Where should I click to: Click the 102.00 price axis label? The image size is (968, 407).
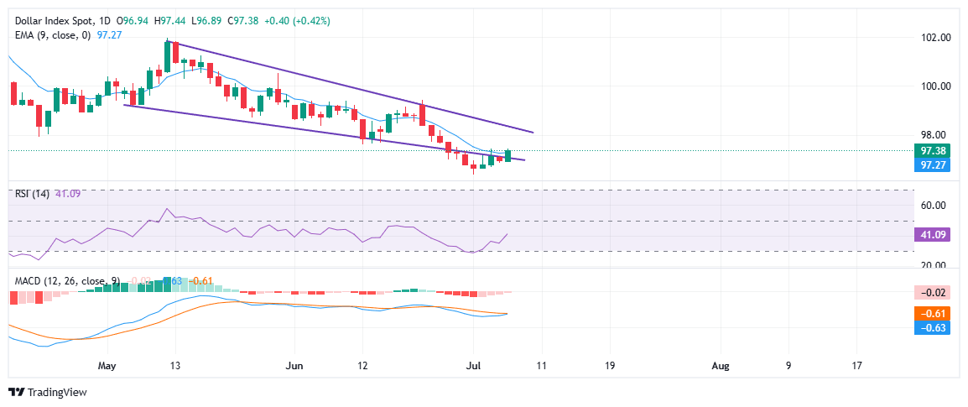pyautogui.click(x=935, y=39)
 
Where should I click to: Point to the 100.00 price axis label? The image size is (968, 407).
pyautogui.click(x=935, y=86)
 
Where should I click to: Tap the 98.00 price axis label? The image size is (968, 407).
pyautogui.click(x=935, y=135)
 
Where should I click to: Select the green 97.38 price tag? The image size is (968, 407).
pyautogui.click(x=933, y=151)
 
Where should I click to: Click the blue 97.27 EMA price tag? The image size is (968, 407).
pyautogui.click(x=933, y=165)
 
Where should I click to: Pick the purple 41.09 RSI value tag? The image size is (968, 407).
pyautogui.click(x=933, y=235)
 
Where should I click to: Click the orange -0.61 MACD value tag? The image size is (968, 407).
pyautogui.click(x=933, y=312)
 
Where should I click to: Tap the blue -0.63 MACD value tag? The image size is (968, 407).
pyautogui.click(x=933, y=327)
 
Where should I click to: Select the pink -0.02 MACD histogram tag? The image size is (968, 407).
pyautogui.click(x=933, y=292)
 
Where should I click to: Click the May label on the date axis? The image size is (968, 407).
pyautogui.click(x=107, y=366)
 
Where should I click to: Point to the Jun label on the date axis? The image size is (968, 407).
pyautogui.click(x=294, y=366)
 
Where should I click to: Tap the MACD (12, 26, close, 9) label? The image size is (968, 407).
pyautogui.click(x=63, y=280)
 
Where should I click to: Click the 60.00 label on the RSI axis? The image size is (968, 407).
pyautogui.click(x=935, y=206)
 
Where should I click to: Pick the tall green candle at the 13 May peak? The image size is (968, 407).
pyautogui.click(x=167, y=56)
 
